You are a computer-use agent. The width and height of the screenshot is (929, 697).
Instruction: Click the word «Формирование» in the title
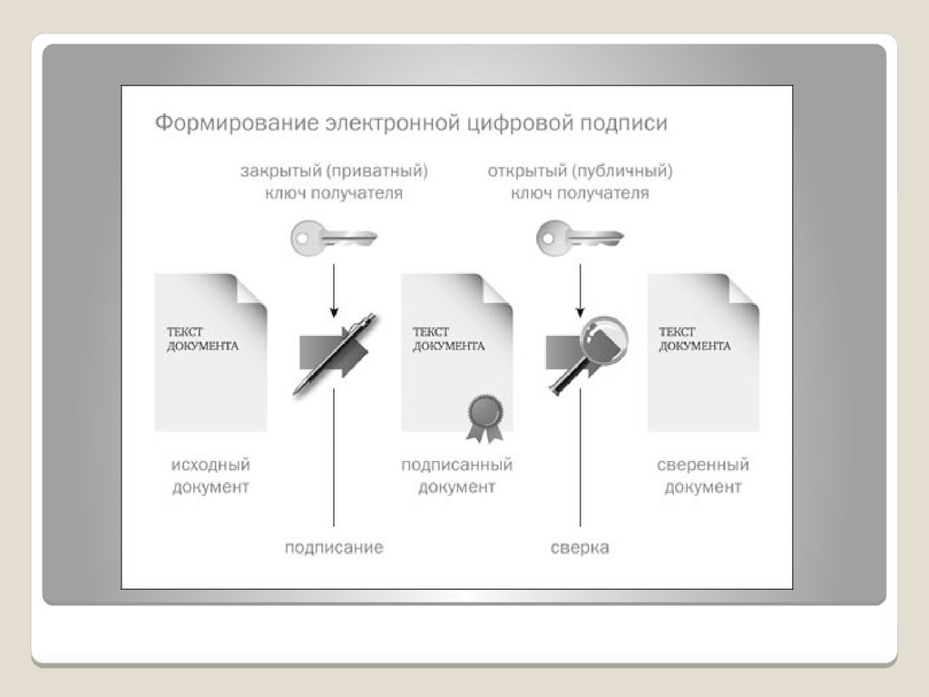coord(237,123)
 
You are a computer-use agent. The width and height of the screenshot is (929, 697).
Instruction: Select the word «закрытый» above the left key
coord(280,172)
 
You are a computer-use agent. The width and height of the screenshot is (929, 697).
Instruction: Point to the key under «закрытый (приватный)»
coord(334,239)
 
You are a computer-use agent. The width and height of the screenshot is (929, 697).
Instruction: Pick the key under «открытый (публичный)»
coord(580,239)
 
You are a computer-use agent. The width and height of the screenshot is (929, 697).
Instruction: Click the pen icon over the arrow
coord(335,354)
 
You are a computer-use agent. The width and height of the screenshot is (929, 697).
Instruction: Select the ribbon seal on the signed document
coord(486,418)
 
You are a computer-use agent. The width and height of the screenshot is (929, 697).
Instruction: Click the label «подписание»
coord(334,547)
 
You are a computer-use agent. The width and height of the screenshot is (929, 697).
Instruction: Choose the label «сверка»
coord(580,547)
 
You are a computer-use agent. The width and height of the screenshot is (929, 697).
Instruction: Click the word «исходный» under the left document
coord(210,465)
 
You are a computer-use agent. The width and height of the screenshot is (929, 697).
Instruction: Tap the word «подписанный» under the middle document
coord(457,465)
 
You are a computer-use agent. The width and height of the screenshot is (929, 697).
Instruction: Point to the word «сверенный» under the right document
coord(703,465)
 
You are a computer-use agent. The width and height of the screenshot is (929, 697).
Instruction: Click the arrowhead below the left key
coord(334,312)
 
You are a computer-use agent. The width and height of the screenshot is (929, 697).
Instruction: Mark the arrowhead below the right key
coord(580,312)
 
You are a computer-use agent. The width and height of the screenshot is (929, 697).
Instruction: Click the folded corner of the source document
coord(251,291)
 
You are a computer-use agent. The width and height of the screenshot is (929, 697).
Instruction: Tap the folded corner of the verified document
coord(744,291)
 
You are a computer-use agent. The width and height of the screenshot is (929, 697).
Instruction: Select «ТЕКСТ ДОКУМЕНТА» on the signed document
coord(448,339)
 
